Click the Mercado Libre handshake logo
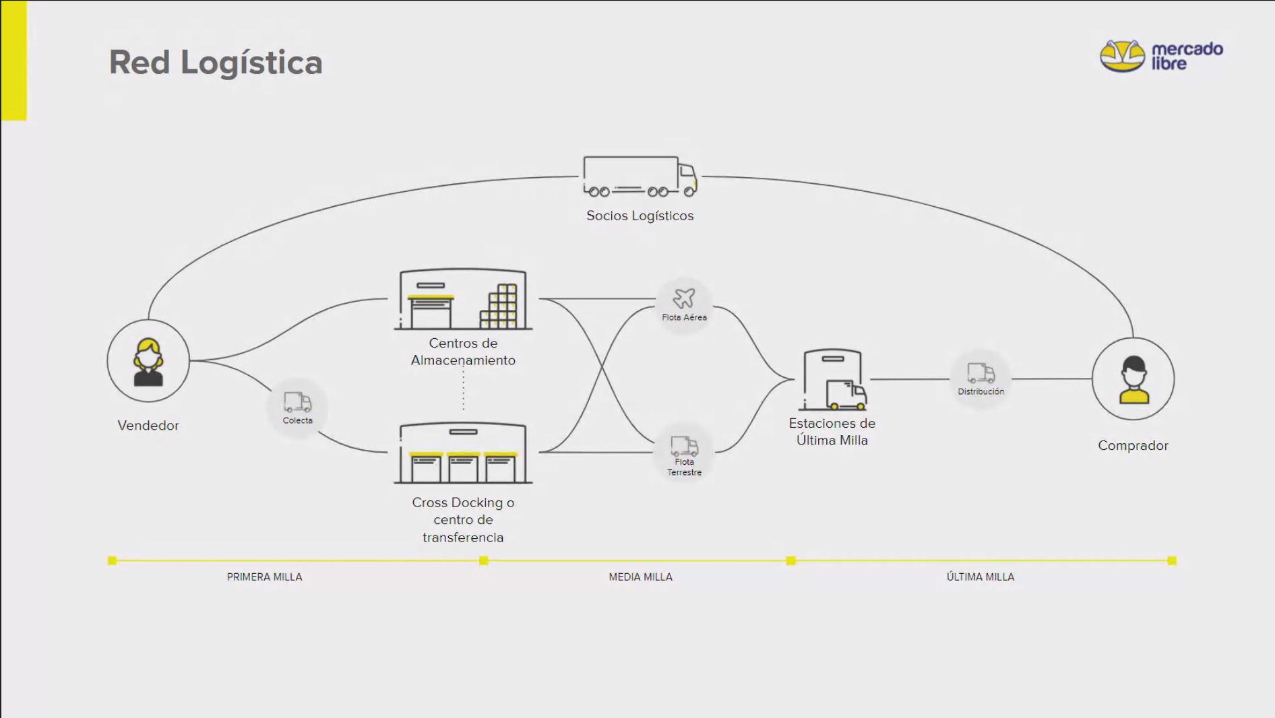click(1121, 56)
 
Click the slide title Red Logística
click(216, 63)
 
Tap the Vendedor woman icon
click(148, 362)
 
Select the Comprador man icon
click(1133, 379)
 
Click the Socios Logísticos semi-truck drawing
click(640, 176)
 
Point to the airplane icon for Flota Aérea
click(684, 298)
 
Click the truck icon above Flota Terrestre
click(684, 446)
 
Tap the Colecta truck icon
click(297, 402)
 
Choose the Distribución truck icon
click(981, 373)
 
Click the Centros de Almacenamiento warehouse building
click(463, 300)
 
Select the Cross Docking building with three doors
click(463, 453)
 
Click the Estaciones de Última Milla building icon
click(833, 380)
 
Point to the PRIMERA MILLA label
click(264, 577)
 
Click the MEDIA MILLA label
click(640, 577)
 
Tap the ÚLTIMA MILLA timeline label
click(980, 577)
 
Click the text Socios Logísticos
click(640, 216)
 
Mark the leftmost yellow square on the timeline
click(113, 560)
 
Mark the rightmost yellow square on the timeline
click(1172, 560)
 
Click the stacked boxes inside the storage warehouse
click(499, 307)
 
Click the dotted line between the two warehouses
click(464, 391)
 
